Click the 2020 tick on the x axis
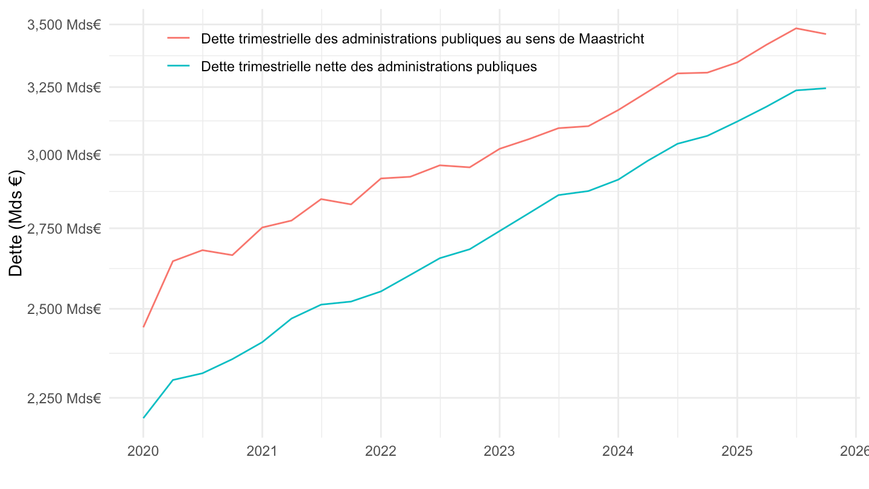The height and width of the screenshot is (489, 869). [x=143, y=452]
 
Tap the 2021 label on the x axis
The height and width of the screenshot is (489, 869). [x=262, y=452]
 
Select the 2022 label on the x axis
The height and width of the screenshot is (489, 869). [x=381, y=452]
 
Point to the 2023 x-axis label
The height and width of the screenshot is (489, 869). [x=499, y=452]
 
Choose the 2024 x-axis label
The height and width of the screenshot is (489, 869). [x=618, y=452]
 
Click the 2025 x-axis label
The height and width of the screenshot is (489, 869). [x=736, y=452]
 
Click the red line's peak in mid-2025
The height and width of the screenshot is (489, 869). [x=796, y=28]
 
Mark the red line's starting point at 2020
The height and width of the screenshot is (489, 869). [x=144, y=327]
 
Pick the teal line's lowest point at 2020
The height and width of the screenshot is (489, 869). [x=144, y=418]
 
